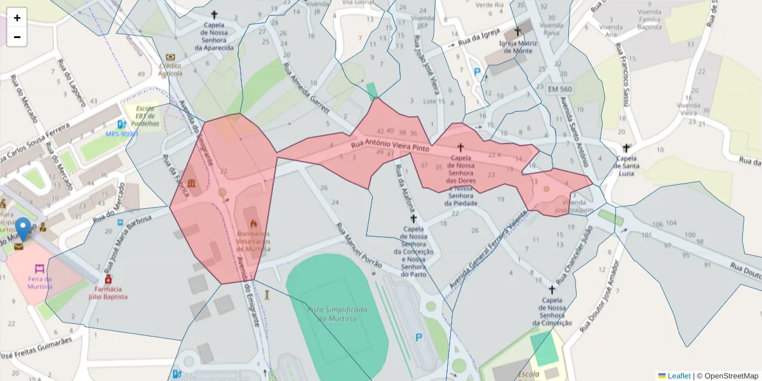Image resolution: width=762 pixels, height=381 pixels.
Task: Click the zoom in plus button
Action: click(x=17, y=18)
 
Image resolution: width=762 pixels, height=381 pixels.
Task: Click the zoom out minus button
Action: click(x=17, y=37)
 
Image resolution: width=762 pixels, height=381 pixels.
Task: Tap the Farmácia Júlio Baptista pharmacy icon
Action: click(x=108, y=279)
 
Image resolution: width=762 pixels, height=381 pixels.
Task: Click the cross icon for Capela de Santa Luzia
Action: click(x=627, y=148)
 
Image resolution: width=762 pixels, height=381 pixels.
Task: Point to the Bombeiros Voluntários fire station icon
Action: click(x=253, y=224)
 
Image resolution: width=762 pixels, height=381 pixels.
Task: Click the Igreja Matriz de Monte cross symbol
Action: click(x=517, y=31)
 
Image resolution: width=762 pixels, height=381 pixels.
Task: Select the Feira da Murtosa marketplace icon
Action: click(x=39, y=269)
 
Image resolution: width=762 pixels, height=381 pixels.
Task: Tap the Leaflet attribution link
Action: click(x=678, y=376)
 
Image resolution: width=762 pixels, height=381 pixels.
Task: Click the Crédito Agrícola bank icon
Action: click(x=170, y=57)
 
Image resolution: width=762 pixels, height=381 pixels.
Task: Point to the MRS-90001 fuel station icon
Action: click(x=121, y=124)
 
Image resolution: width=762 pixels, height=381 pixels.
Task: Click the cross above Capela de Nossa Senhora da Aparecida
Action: click(x=214, y=14)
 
